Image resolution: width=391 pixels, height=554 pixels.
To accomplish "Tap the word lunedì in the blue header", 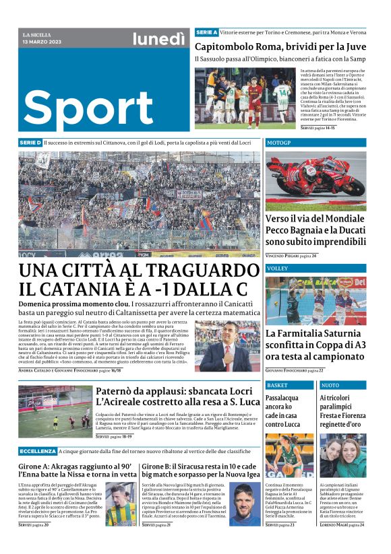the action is [158, 40].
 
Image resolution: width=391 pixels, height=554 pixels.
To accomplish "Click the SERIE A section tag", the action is [206, 32].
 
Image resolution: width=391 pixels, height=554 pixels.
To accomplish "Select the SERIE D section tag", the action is [30, 143].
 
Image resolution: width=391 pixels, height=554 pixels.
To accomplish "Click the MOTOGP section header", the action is [279, 143].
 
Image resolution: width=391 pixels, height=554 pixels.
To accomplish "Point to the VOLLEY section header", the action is [277, 269].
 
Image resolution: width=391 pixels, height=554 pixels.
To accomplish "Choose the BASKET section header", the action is [277, 385].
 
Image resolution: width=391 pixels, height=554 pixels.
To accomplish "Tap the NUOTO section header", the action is [330, 385].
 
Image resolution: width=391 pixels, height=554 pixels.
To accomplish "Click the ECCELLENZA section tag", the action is [38, 451].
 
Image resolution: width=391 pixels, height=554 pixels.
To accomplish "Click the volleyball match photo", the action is [315, 300].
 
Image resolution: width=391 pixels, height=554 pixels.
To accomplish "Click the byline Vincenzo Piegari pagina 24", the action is [300, 256].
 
